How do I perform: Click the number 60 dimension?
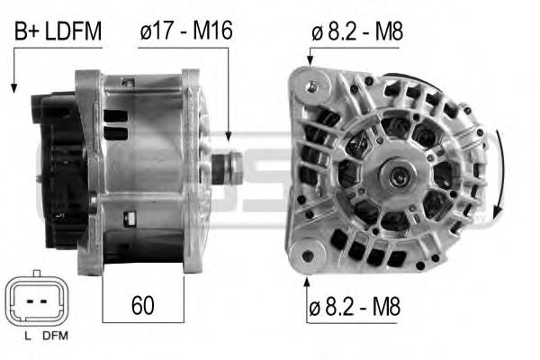142,304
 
